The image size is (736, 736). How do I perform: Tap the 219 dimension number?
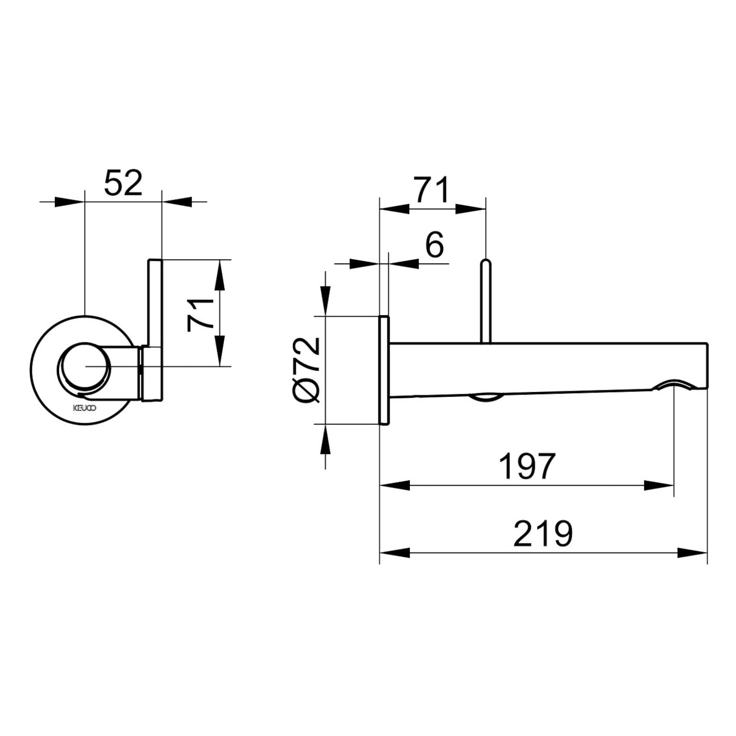[543, 533]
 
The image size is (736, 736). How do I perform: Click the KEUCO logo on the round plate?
[85, 408]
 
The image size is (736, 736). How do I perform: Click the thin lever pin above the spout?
[486, 301]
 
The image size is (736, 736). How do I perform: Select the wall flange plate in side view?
[384, 370]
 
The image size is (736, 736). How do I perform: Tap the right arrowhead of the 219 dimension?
[693, 553]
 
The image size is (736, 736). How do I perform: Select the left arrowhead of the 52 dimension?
[70, 202]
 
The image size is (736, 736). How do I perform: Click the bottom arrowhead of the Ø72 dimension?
[325, 439]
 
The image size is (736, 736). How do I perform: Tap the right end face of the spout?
[707, 366]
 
